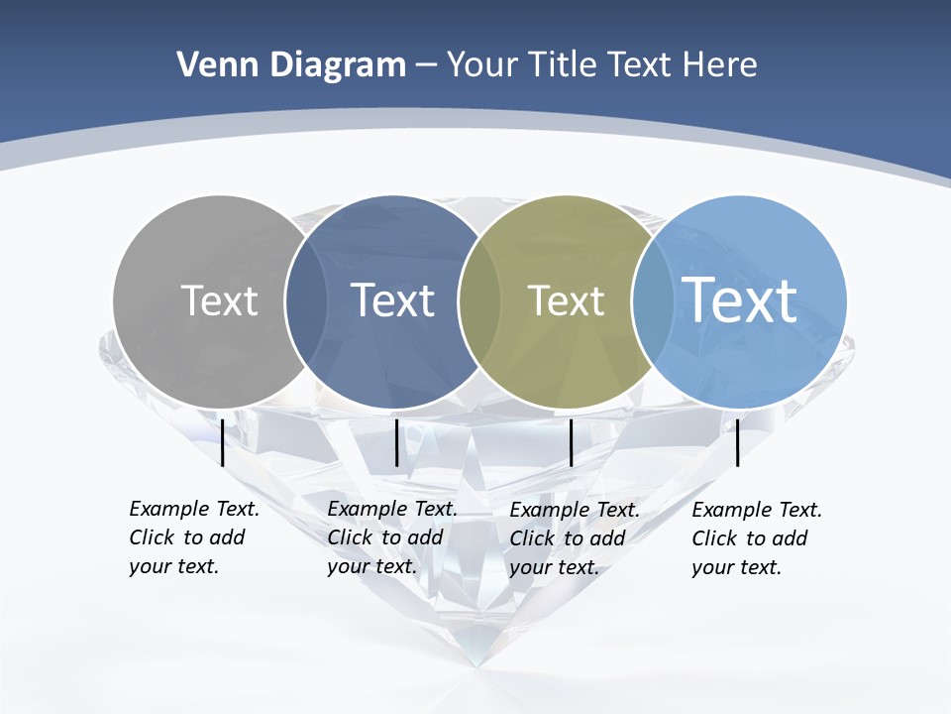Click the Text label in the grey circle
(x=219, y=300)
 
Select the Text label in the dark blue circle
(x=392, y=300)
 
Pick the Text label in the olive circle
(x=566, y=300)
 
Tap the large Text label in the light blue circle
(x=740, y=299)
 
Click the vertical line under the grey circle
(x=222, y=442)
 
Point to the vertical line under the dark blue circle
(x=396, y=442)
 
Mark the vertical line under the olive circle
(x=571, y=442)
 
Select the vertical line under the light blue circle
(x=737, y=442)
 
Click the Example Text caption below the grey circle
(x=194, y=537)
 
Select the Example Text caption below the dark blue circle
(x=392, y=537)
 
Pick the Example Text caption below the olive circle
(x=575, y=538)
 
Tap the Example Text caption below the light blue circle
(x=757, y=538)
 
